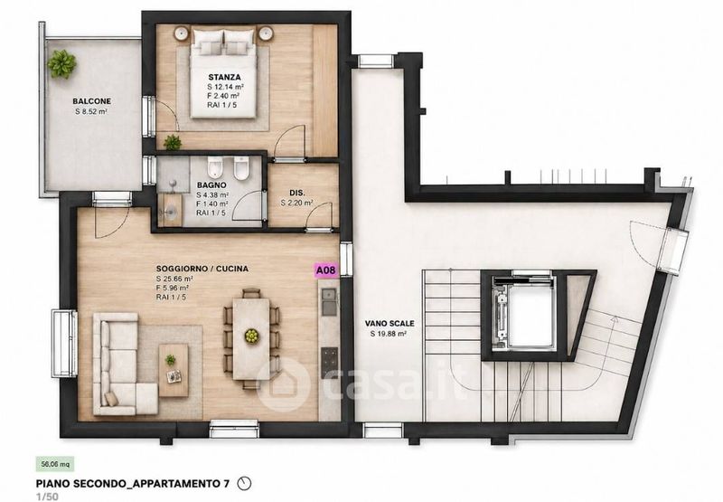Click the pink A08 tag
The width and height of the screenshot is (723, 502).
[x=326, y=270]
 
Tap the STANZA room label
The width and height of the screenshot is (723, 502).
[x=224, y=77]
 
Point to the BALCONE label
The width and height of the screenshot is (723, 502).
[x=92, y=101]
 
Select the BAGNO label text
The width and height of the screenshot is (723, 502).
[x=211, y=185]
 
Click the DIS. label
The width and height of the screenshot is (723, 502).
[x=297, y=193]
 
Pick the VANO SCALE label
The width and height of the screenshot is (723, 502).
[x=390, y=324]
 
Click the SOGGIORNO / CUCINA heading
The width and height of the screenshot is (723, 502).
[x=202, y=269]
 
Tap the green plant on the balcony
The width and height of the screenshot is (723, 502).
[x=61, y=63]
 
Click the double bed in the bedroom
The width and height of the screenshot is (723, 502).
[x=223, y=73]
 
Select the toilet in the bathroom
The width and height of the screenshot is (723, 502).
[x=215, y=167]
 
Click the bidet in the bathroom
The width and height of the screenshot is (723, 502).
[x=240, y=168]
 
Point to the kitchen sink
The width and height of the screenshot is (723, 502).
[x=329, y=301]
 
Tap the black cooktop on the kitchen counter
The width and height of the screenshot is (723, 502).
[x=329, y=363]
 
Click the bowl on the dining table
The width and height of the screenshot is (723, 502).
[x=252, y=336]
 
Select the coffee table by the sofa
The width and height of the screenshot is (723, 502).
[x=174, y=370]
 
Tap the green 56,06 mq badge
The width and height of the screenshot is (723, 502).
[x=55, y=464]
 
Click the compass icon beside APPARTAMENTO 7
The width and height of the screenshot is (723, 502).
[x=244, y=484]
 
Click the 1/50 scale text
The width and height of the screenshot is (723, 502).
[x=47, y=497]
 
